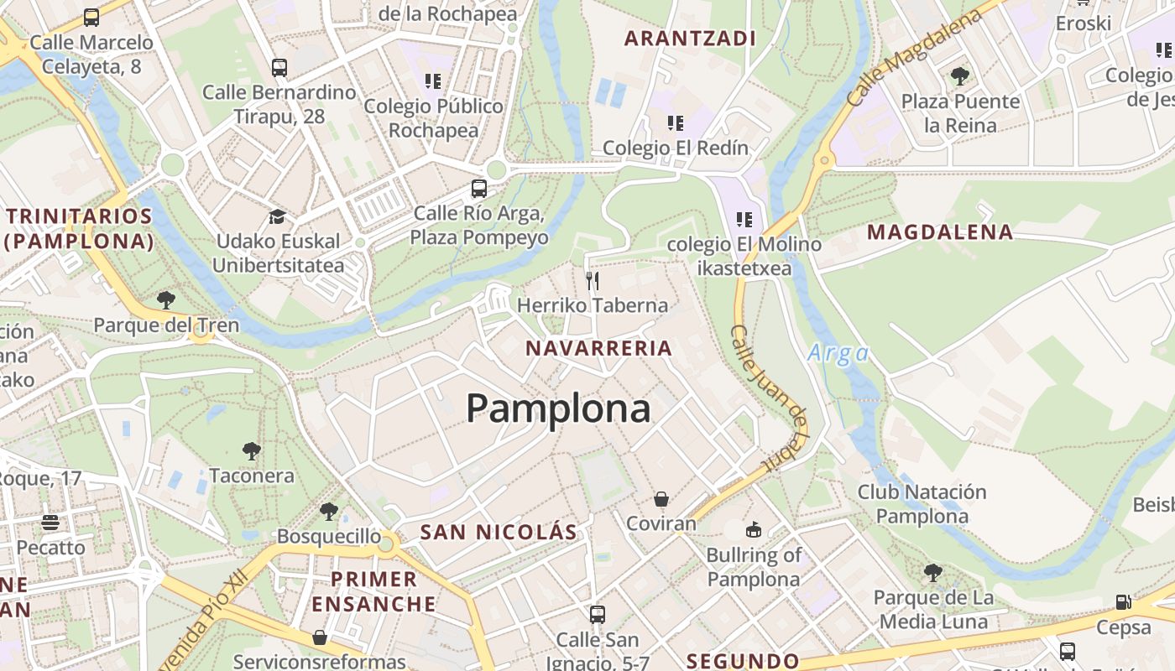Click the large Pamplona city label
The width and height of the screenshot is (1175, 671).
coord(558,408)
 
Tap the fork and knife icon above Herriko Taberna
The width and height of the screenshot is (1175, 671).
coord(593,280)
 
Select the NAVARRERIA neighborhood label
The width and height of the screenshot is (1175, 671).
coord(599,348)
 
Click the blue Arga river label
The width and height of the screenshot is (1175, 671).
coord(838,353)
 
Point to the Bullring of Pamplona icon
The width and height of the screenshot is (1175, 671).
coord(754,529)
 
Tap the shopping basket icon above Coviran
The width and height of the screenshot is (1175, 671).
coord(661,499)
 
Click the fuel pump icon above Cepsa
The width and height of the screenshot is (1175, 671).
coord(1123,602)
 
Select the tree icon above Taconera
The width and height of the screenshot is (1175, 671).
coord(251,451)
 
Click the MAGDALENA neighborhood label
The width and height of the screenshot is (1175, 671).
coord(940,232)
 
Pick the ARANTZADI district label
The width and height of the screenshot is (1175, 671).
coord(691,38)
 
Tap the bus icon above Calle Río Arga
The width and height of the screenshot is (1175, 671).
coord(479,189)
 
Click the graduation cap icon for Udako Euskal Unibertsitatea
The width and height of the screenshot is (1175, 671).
coord(277,217)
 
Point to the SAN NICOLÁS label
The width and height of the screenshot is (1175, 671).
coord(499,532)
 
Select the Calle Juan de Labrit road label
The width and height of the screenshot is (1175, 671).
coord(770,397)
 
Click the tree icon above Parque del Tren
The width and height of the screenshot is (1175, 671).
coord(166,299)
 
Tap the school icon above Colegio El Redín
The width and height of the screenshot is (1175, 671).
coord(676,123)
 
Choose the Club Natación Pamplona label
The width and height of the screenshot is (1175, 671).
coord(922,503)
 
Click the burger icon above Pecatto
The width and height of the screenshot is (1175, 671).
coord(50,523)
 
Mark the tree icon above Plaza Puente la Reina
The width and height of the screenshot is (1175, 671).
coord(960,76)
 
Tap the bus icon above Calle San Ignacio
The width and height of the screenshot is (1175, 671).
coord(598,615)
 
